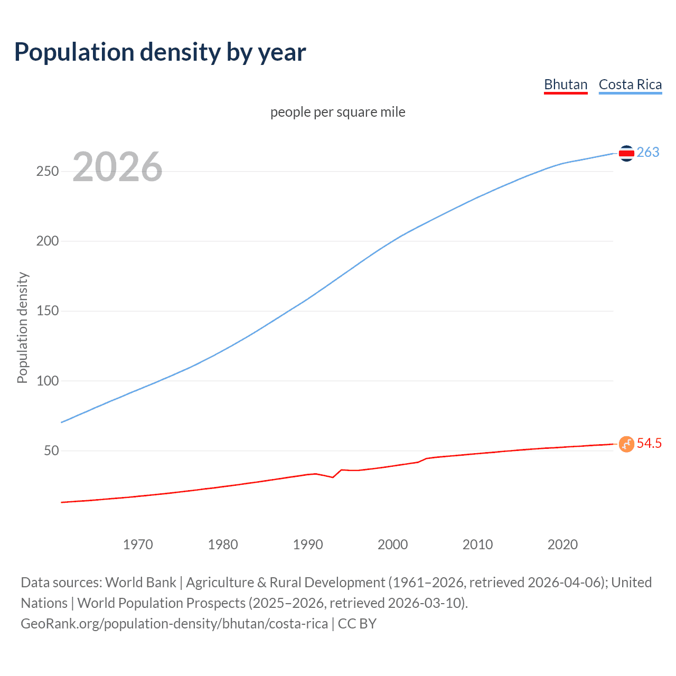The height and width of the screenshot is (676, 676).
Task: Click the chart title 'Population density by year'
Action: point(160,52)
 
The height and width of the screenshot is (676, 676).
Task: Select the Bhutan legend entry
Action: point(566,84)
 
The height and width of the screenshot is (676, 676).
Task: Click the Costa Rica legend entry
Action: point(630,84)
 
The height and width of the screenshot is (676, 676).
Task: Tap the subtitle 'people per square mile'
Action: point(337,112)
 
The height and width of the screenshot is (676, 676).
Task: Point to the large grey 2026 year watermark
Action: point(117,167)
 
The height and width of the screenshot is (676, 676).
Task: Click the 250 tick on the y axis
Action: point(48,171)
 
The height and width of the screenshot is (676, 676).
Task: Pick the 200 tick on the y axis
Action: point(48,241)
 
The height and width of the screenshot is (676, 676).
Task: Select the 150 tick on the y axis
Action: point(48,311)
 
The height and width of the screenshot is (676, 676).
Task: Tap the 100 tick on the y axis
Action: point(48,381)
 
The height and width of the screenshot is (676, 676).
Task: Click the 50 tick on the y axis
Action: point(51,450)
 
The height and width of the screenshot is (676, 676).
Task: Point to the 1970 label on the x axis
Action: point(138,544)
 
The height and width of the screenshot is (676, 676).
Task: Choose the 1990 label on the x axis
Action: point(308,544)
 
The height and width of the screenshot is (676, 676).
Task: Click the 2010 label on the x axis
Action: point(477,544)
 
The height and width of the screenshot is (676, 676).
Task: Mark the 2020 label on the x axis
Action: point(562,544)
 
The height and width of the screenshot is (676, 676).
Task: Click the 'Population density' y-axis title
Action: point(22,327)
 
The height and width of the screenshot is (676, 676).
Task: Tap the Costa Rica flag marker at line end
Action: point(626,153)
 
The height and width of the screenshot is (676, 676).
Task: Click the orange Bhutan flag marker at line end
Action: point(626,444)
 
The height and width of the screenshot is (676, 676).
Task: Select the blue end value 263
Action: point(648,152)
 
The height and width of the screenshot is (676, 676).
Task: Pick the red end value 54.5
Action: point(649,443)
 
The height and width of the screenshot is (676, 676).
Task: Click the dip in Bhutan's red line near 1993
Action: point(333,477)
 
